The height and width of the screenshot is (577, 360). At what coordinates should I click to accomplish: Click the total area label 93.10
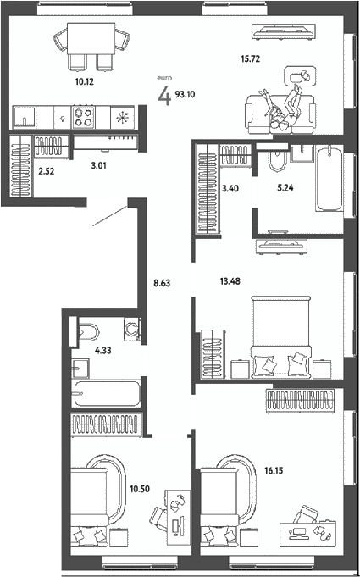click(x=185, y=94)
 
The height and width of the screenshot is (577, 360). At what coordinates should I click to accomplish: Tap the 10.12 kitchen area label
click(x=84, y=81)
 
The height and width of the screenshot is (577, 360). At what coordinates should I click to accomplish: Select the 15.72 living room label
click(x=251, y=58)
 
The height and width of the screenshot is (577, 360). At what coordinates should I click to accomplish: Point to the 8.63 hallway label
click(x=162, y=283)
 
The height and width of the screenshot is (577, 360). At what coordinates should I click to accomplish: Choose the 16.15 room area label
click(x=274, y=469)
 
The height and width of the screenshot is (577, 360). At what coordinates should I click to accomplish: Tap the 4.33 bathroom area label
click(x=103, y=350)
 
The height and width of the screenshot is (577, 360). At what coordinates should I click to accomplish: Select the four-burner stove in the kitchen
click(x=84, y=117)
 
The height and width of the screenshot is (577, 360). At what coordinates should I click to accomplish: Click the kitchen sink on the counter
click(x=25, y=117)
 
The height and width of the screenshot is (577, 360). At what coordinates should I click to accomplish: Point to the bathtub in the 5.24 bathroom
click(x=330, y=178)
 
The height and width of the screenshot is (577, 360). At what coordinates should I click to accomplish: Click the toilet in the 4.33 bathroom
click(x=87, y=333)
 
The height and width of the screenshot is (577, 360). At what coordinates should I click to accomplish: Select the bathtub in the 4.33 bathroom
click(x=106, y=393)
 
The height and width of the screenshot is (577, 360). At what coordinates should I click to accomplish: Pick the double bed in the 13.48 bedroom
click(x=281, y=336)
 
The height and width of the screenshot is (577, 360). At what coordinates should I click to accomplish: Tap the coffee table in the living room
click(x=299, y=75)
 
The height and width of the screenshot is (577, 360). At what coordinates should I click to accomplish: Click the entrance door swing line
click(x=110, y=216)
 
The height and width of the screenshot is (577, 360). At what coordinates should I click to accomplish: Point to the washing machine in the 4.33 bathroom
click(x=132, y=329)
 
